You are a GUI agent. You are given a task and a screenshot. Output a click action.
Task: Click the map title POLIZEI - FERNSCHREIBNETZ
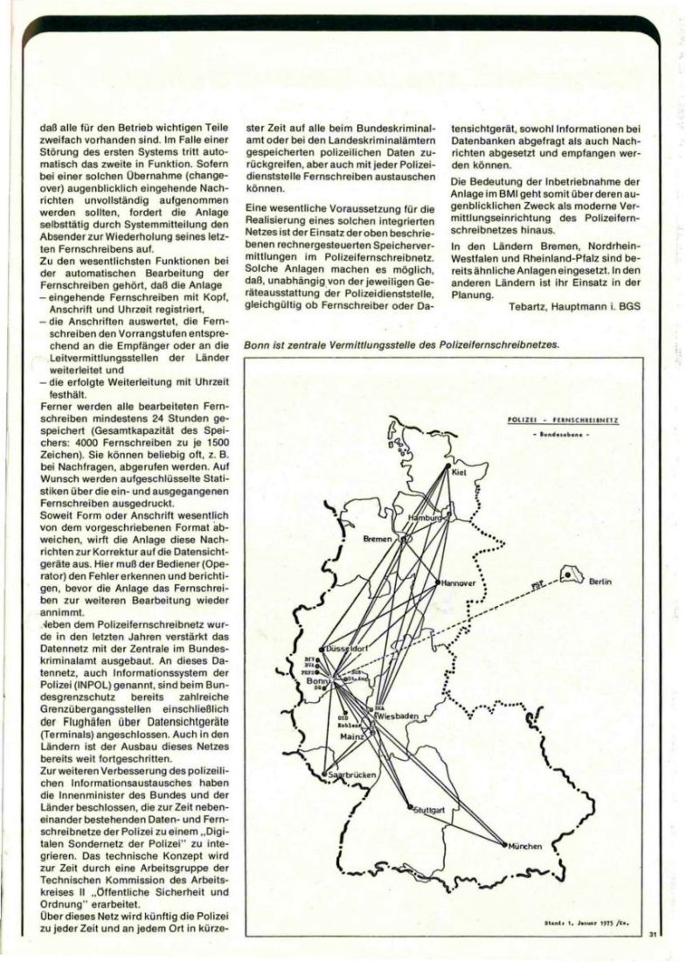point(563,421)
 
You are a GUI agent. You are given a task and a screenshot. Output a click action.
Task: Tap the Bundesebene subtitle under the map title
point(564,434)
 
